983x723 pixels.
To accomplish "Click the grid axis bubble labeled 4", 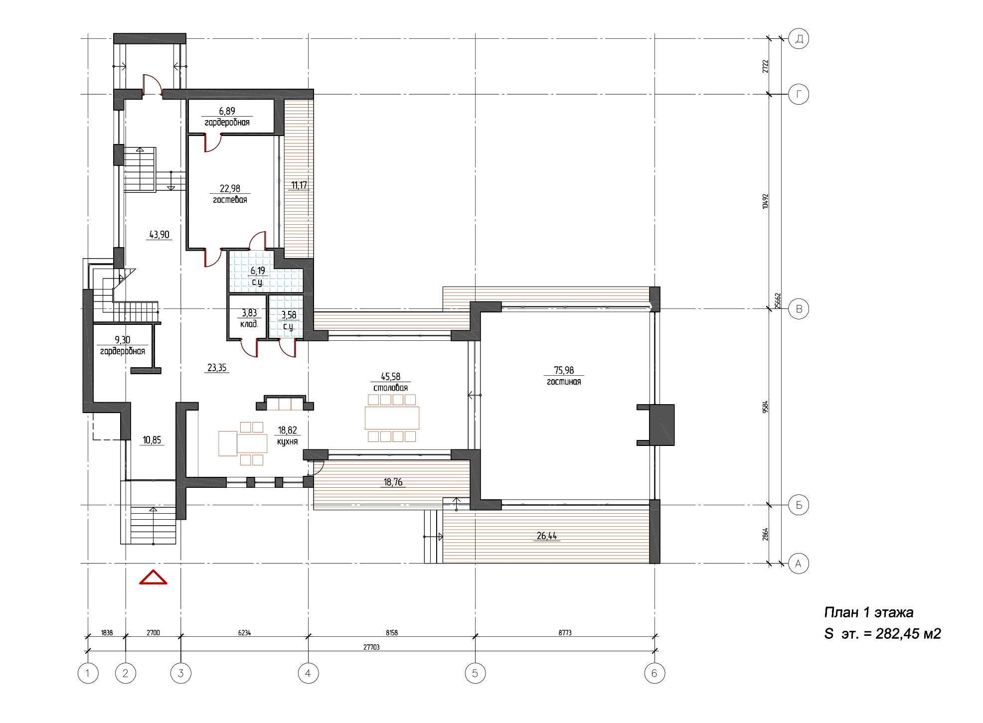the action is tap(308, 673).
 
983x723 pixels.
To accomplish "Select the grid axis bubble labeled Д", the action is tap(799, 38).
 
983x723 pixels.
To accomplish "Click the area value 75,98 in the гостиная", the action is tap(564, 370).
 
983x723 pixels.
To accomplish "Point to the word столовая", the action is tap(390, 388).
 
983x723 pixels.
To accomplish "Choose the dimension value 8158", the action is tap(392, 633).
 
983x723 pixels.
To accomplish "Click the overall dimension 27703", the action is tap(371, 647).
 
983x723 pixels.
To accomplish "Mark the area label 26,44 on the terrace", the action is tap(547, 536).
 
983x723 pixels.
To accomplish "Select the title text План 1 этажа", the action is tap(868, 612).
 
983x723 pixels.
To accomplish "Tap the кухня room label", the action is tap(287, 441).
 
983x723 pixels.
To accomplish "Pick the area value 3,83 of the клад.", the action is tap(249, 313).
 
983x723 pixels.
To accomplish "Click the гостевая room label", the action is tap(230, 200).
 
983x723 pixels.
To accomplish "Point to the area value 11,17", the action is tap(299, 185).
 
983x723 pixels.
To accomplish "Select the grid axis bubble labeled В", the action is tap(799, 309).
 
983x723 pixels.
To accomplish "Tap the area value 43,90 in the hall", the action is tap(159, 235).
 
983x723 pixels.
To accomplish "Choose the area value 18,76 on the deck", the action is tap(393, 482).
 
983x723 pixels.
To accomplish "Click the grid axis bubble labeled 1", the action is tap(88, 673).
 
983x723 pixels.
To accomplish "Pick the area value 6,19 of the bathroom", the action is tap(258, 271).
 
